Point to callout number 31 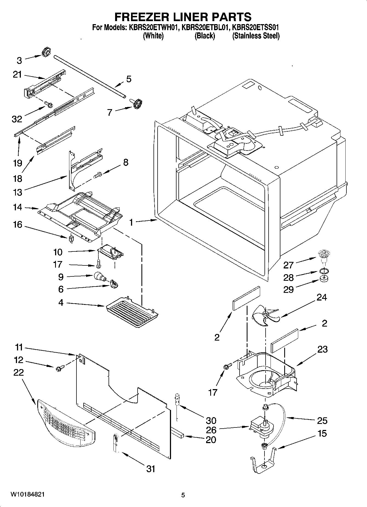(x=150, y=469)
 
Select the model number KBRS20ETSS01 (x=256, y=27)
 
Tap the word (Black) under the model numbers (x=204, y=36)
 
